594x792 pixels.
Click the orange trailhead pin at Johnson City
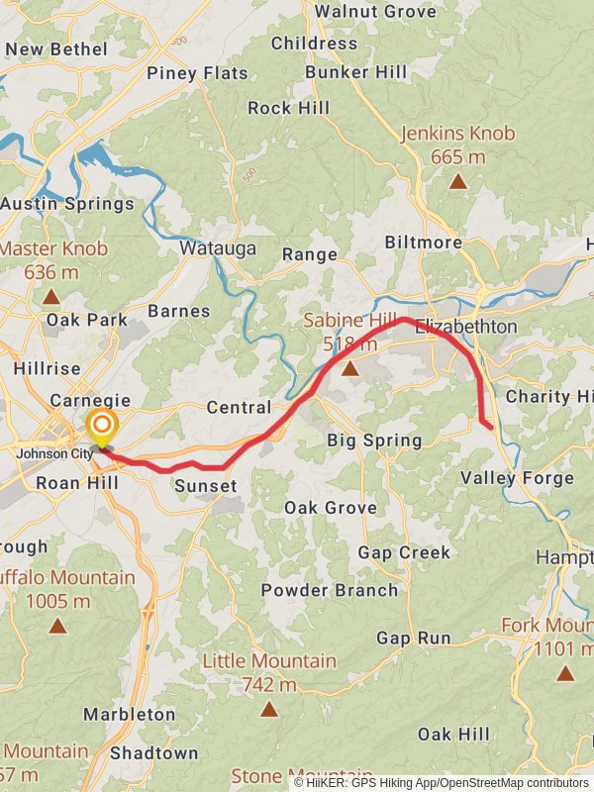[x=101, y=429]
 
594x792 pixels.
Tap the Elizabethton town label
[x=466, y=326]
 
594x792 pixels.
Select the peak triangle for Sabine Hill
[x=349, y=369]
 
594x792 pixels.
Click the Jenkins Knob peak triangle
[x=457, y=181]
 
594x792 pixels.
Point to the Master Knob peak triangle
[x=51, y=296]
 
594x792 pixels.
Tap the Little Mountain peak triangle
[x=269, y=709]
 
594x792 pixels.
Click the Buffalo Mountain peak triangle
[x=58, y=626]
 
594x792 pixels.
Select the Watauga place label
[x=218, y=248]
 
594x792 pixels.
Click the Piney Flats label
[x=197, y=73]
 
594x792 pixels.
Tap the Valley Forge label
[x=517, y=478]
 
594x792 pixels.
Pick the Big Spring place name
[x=374, y=441]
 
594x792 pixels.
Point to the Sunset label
[x=206, y=485]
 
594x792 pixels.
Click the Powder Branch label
[x=330, y=590]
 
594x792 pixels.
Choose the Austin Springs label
[x=67, y=204]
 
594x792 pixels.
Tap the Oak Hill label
[x=453, y=734]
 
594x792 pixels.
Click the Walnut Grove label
[x=375, y=12]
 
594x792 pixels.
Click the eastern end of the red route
[x=492, y=429]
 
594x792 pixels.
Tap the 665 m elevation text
[x=458, y=156]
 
